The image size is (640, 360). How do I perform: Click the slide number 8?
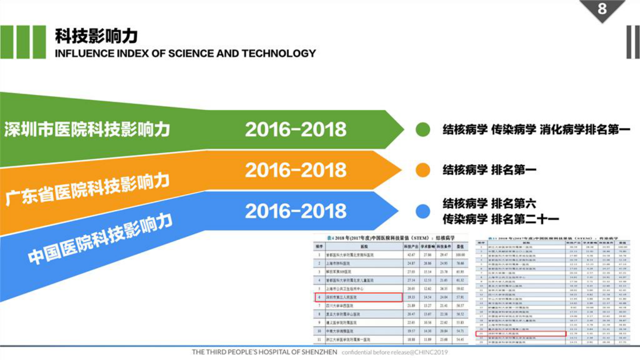602,8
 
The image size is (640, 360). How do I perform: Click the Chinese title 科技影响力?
96,36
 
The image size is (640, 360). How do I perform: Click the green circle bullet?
423,130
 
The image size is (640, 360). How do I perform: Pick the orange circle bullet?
423,170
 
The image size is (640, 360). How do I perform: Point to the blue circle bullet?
423,211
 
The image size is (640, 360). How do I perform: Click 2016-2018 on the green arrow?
296,130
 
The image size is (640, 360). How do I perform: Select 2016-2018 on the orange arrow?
296,170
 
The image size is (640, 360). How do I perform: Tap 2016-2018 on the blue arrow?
296,211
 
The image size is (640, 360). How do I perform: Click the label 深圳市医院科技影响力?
87,130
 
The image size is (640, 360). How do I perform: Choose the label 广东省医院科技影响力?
87,190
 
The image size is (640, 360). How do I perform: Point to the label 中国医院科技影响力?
100,239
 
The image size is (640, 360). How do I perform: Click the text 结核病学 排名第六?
489,203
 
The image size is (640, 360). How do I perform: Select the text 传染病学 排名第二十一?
500,220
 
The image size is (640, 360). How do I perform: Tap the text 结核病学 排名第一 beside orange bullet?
489,170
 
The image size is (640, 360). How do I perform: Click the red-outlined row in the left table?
359,297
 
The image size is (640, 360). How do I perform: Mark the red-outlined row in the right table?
521,334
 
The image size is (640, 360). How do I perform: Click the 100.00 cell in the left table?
460,255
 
